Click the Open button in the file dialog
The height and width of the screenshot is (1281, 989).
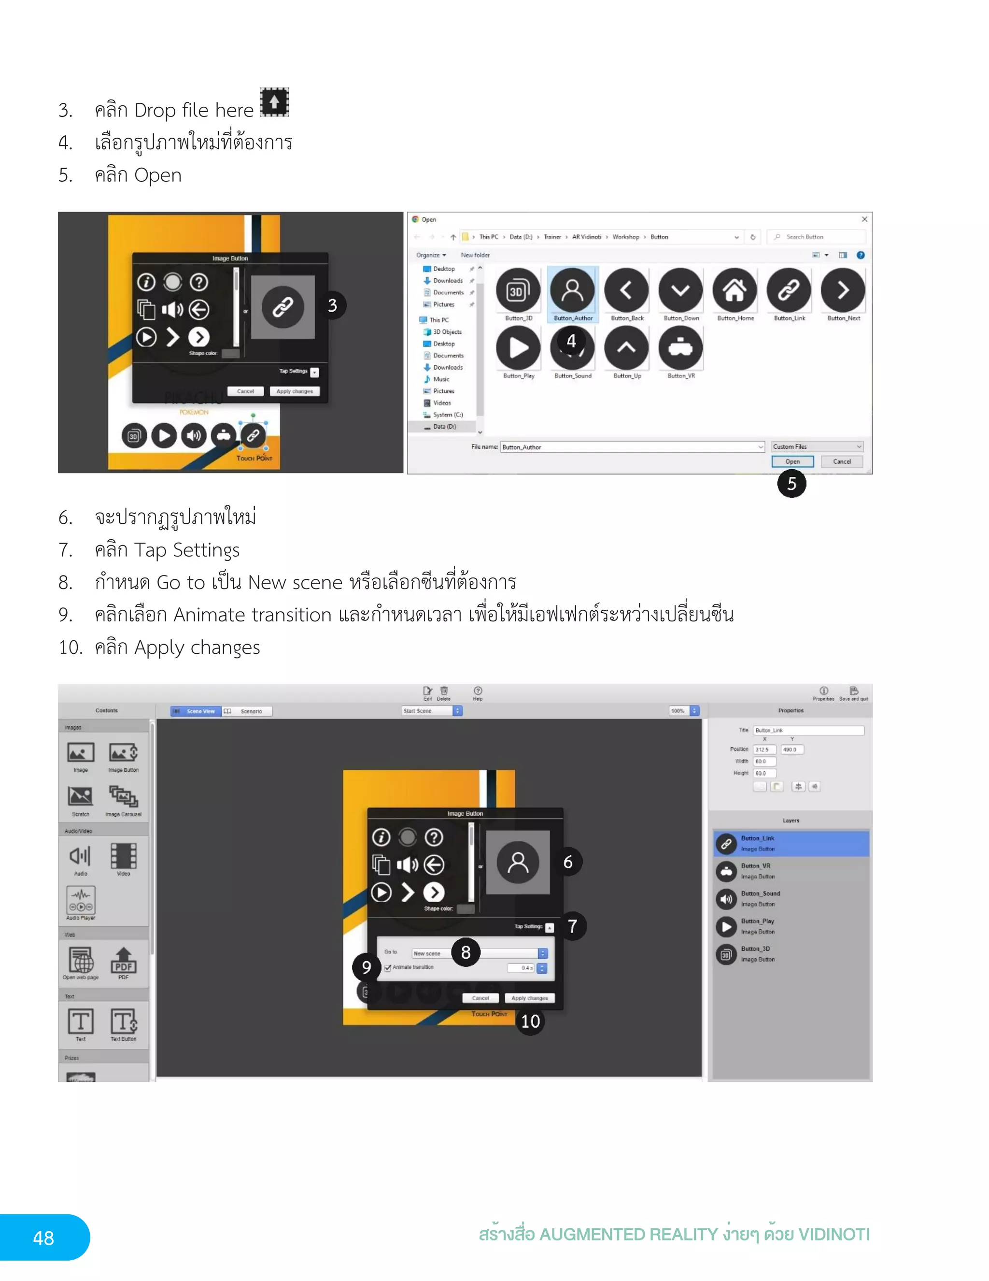click(x=792, y=461)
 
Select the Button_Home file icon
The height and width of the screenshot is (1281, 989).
click(x=735, y=290)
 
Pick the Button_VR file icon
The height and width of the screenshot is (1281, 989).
click(x=680, y=348)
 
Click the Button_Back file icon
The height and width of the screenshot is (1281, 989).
click(x=627, y=290)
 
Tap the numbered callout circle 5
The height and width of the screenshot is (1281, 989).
click(x=791, y=483)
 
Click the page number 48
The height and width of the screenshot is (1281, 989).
click(x=43, y=1238)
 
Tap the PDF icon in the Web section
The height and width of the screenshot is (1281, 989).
click(x=123, y=961)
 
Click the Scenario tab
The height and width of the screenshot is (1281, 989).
click(x=247, y=711)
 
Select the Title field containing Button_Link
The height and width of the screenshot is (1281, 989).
click(x=808, y=730)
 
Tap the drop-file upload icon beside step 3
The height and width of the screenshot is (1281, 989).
click(x=274, y=102)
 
